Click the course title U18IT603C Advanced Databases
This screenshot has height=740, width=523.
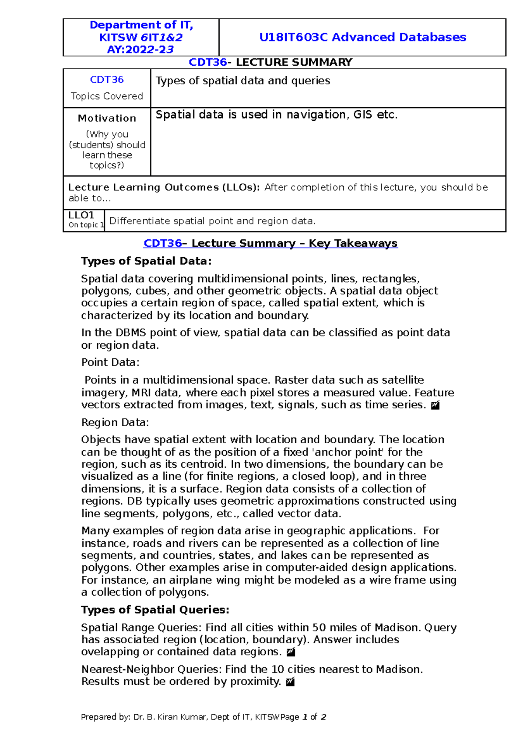362,37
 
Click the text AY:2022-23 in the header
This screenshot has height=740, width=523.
140,50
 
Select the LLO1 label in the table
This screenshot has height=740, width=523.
81,215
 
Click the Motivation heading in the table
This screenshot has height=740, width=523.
107,118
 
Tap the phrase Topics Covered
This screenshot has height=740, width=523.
107,96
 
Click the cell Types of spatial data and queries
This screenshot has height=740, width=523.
243,81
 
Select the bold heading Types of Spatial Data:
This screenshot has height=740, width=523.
146,261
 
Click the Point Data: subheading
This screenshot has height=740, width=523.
110,362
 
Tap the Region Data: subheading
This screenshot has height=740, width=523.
115,422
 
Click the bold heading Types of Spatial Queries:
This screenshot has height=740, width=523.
155,610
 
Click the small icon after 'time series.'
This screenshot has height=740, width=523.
435,405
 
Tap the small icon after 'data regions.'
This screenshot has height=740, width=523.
291,652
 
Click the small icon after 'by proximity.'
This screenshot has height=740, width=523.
290,682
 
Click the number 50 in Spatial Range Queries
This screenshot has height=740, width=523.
319,628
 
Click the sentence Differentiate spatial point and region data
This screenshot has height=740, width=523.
212,221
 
